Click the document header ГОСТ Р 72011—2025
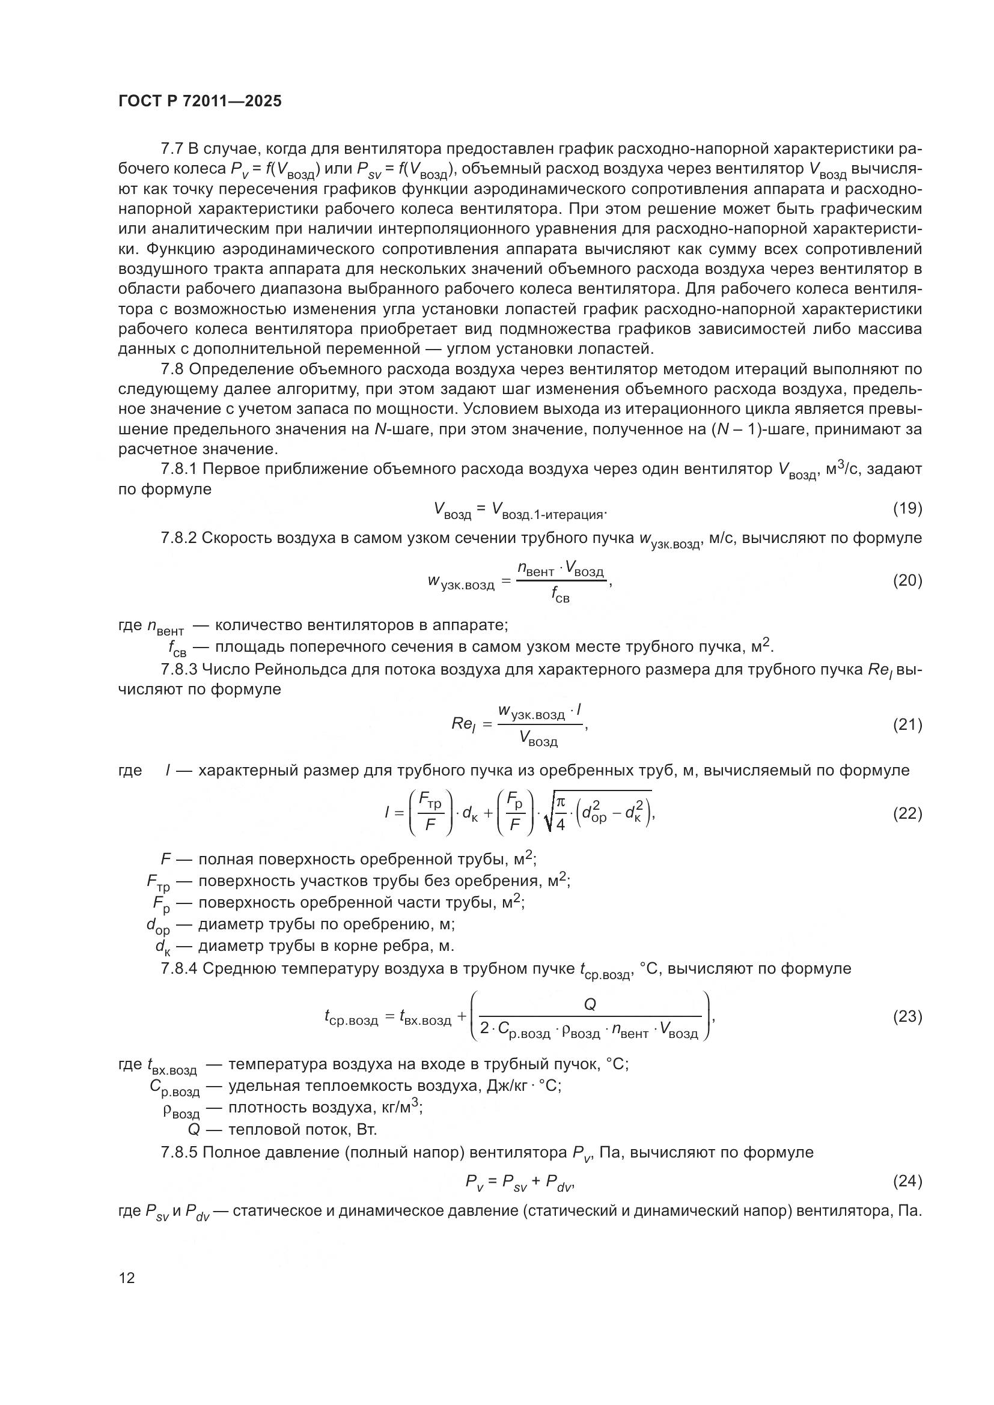(200, 102)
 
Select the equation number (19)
(907, 509)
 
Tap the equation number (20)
(907, 580)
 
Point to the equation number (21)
(907, 724)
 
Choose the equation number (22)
(907, 813)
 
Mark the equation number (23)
(907, 1016)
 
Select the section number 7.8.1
(179, 469)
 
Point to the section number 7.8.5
(179, 1152)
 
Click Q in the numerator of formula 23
(591, 1004)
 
